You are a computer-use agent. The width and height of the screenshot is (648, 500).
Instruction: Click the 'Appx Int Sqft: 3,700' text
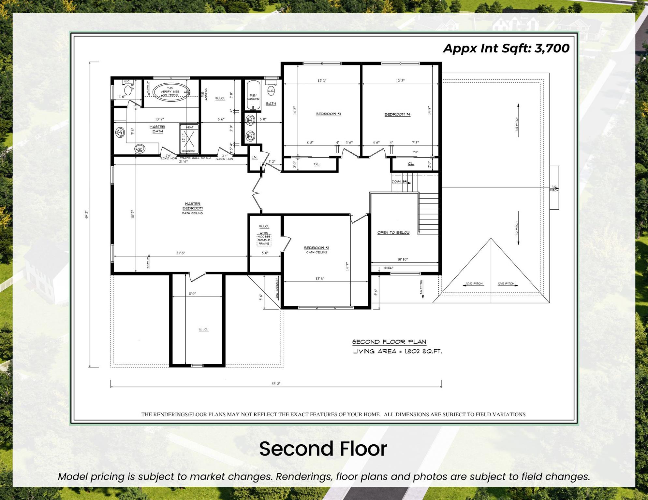pos(506,48)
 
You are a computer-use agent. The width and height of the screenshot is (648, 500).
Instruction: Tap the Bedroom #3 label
pos(328,114)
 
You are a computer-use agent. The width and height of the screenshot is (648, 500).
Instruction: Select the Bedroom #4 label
pos(397,114)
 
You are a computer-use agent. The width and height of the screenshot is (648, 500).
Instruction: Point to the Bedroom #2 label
pos(316,248)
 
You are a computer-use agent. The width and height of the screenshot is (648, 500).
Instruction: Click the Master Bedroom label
pos(192,206)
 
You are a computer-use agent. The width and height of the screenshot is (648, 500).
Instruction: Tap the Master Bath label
pos(157,129)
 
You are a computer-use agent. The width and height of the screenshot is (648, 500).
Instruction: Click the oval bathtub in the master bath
pos(170,91)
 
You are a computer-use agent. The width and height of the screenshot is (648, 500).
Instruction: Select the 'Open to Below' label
pos(393,232)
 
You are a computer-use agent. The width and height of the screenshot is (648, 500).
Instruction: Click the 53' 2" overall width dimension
pos(276,384)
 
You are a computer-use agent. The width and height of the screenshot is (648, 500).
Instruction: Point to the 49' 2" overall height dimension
pos(87,215)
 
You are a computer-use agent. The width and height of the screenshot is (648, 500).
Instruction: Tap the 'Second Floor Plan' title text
pos(389,342)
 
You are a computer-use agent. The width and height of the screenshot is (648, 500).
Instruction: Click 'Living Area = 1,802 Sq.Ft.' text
pos(397,351)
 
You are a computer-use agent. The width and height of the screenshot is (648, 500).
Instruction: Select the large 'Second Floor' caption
pos(323,449)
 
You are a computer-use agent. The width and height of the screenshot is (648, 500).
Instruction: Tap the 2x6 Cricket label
pos(277,288)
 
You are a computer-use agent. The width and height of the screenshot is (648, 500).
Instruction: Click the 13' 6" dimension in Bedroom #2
pos(320,279)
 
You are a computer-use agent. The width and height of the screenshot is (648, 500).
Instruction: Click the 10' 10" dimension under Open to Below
pos(402,259)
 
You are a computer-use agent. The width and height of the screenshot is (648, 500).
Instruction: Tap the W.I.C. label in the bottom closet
pos(203,329)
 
